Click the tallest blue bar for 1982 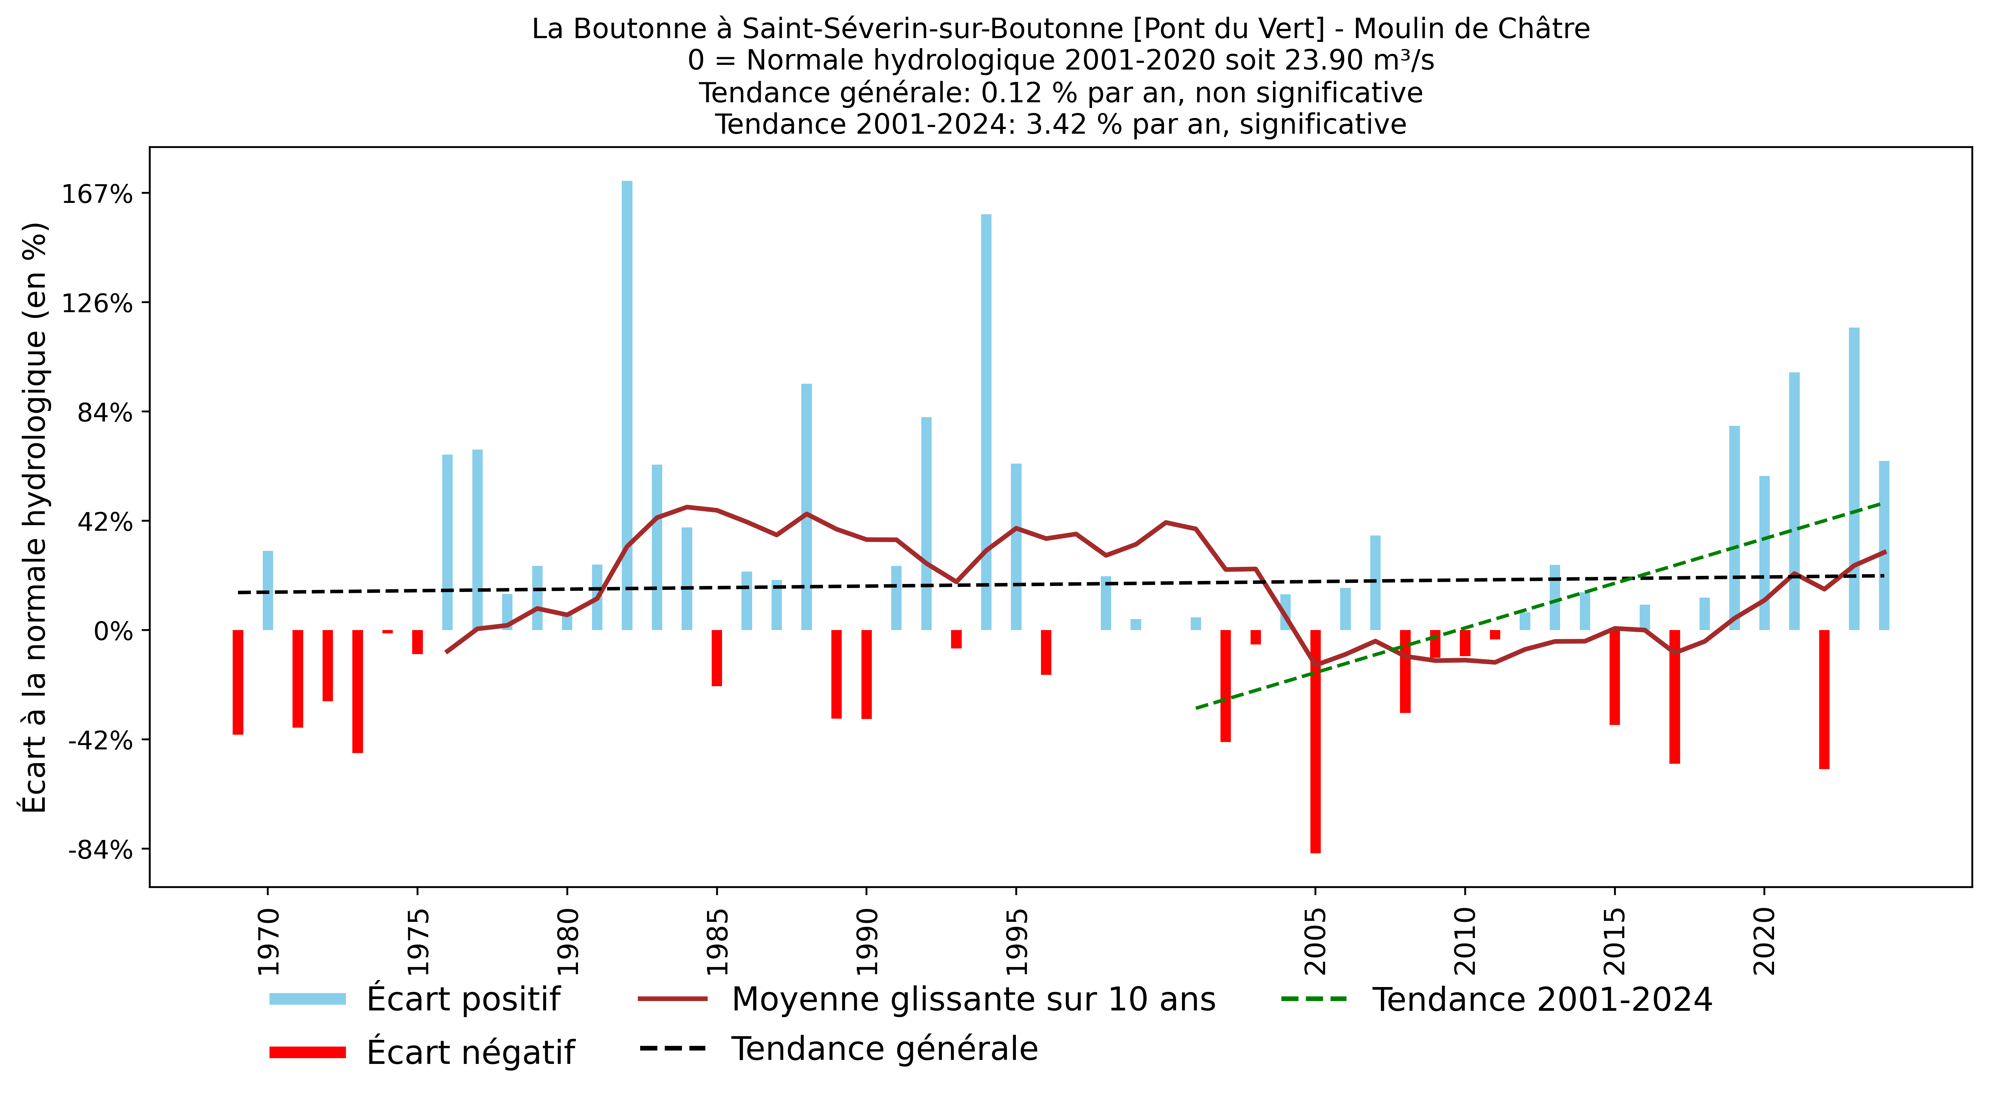coord(627,405)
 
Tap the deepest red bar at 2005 coord(1315,741)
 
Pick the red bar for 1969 coord(238,682)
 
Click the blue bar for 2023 coord(1854,479)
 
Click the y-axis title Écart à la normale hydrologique coord(35,517)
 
